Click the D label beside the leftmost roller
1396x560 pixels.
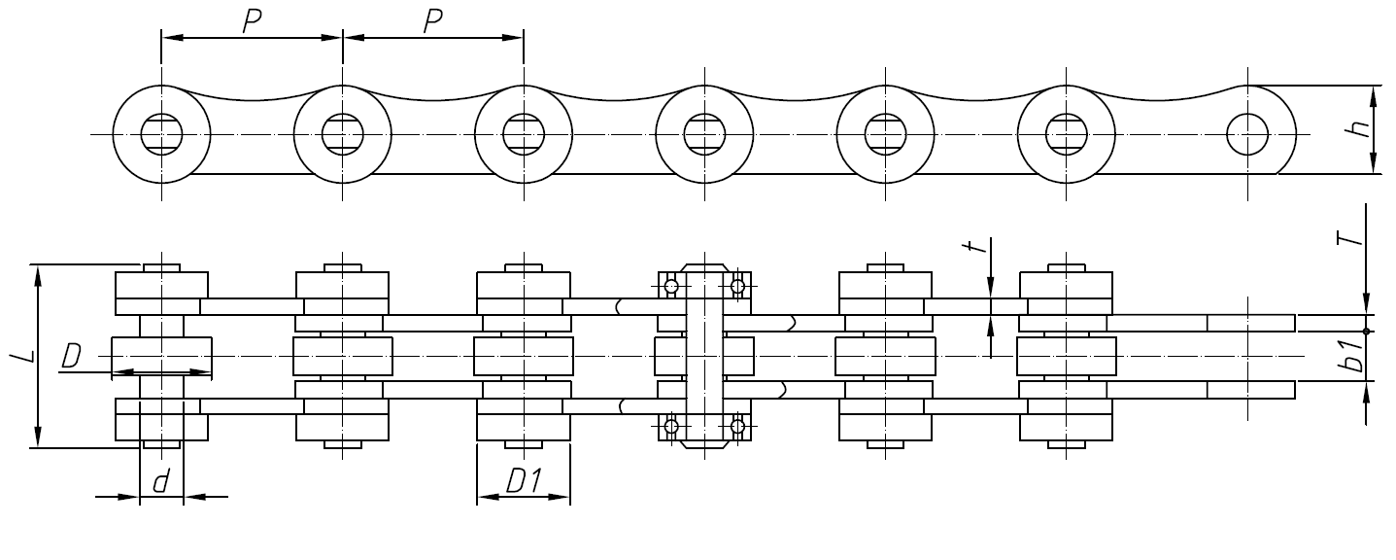coord(70,357)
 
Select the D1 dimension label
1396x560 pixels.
coord(523,480)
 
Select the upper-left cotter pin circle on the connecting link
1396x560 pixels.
coord(670,286)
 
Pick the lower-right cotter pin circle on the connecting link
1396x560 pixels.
coord(737,426)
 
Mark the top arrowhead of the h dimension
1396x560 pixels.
coord(1374,92)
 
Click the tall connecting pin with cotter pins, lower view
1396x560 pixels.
coord(703,357)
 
